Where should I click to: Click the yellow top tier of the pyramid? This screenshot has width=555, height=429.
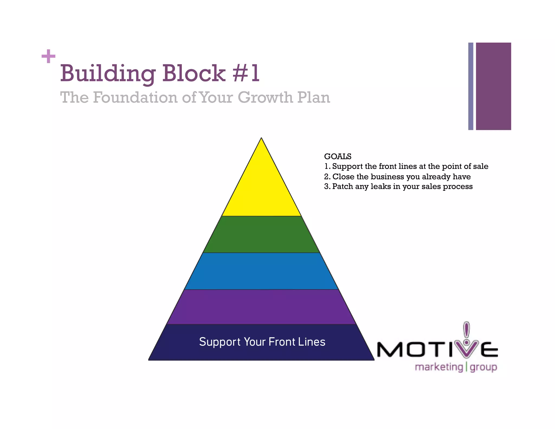261,190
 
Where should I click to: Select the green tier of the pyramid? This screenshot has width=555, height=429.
261,234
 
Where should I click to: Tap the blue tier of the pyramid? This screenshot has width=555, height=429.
261,271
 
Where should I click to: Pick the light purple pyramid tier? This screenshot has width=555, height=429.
261,307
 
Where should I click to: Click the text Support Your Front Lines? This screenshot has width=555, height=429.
262,342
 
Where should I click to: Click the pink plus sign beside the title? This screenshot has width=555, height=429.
49,56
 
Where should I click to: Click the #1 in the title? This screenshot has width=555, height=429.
246,73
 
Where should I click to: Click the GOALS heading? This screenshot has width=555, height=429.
338,156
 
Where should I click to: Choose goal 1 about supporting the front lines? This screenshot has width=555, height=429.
406,166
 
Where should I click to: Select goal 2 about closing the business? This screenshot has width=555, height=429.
397,177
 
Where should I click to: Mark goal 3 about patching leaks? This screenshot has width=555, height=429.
398,187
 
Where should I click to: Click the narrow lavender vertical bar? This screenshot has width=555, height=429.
471,86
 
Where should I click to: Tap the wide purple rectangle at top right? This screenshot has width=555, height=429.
493,86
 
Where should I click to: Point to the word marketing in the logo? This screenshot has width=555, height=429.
439,367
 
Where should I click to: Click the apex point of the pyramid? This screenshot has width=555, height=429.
261,138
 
